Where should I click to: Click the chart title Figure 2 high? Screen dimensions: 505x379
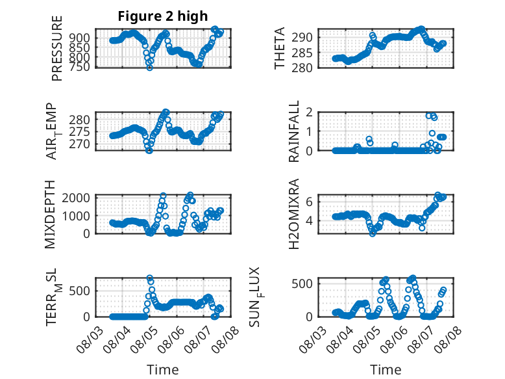click(163, 16)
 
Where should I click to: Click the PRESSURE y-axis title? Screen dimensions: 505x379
click(56, 48)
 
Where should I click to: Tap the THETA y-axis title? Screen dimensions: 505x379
click(280, 48)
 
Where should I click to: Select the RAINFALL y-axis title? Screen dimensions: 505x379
click(294, 131)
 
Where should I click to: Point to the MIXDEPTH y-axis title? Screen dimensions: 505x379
click(50, 215)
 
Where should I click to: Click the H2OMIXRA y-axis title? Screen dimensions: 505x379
click(294, 214)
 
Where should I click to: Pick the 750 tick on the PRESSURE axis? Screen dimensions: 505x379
click(79, 67)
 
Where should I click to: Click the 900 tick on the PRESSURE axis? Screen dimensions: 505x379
click(79, 38)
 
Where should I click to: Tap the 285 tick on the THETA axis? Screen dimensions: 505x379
click(302, 53)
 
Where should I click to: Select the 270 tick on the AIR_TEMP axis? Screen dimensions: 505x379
click(79, 144)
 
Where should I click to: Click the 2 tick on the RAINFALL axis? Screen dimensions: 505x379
click(310, 112)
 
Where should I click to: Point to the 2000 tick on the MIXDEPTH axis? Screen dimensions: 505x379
click(76, 198)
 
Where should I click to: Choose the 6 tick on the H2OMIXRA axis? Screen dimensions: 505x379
click(310, 202)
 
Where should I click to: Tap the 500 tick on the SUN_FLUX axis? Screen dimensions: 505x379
click(302, 284)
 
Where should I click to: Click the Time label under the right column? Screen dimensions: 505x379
click(386, 370)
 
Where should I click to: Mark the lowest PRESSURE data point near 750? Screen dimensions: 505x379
click(149, 67)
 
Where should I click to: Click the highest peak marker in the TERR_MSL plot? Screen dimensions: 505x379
click(150, 278)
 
